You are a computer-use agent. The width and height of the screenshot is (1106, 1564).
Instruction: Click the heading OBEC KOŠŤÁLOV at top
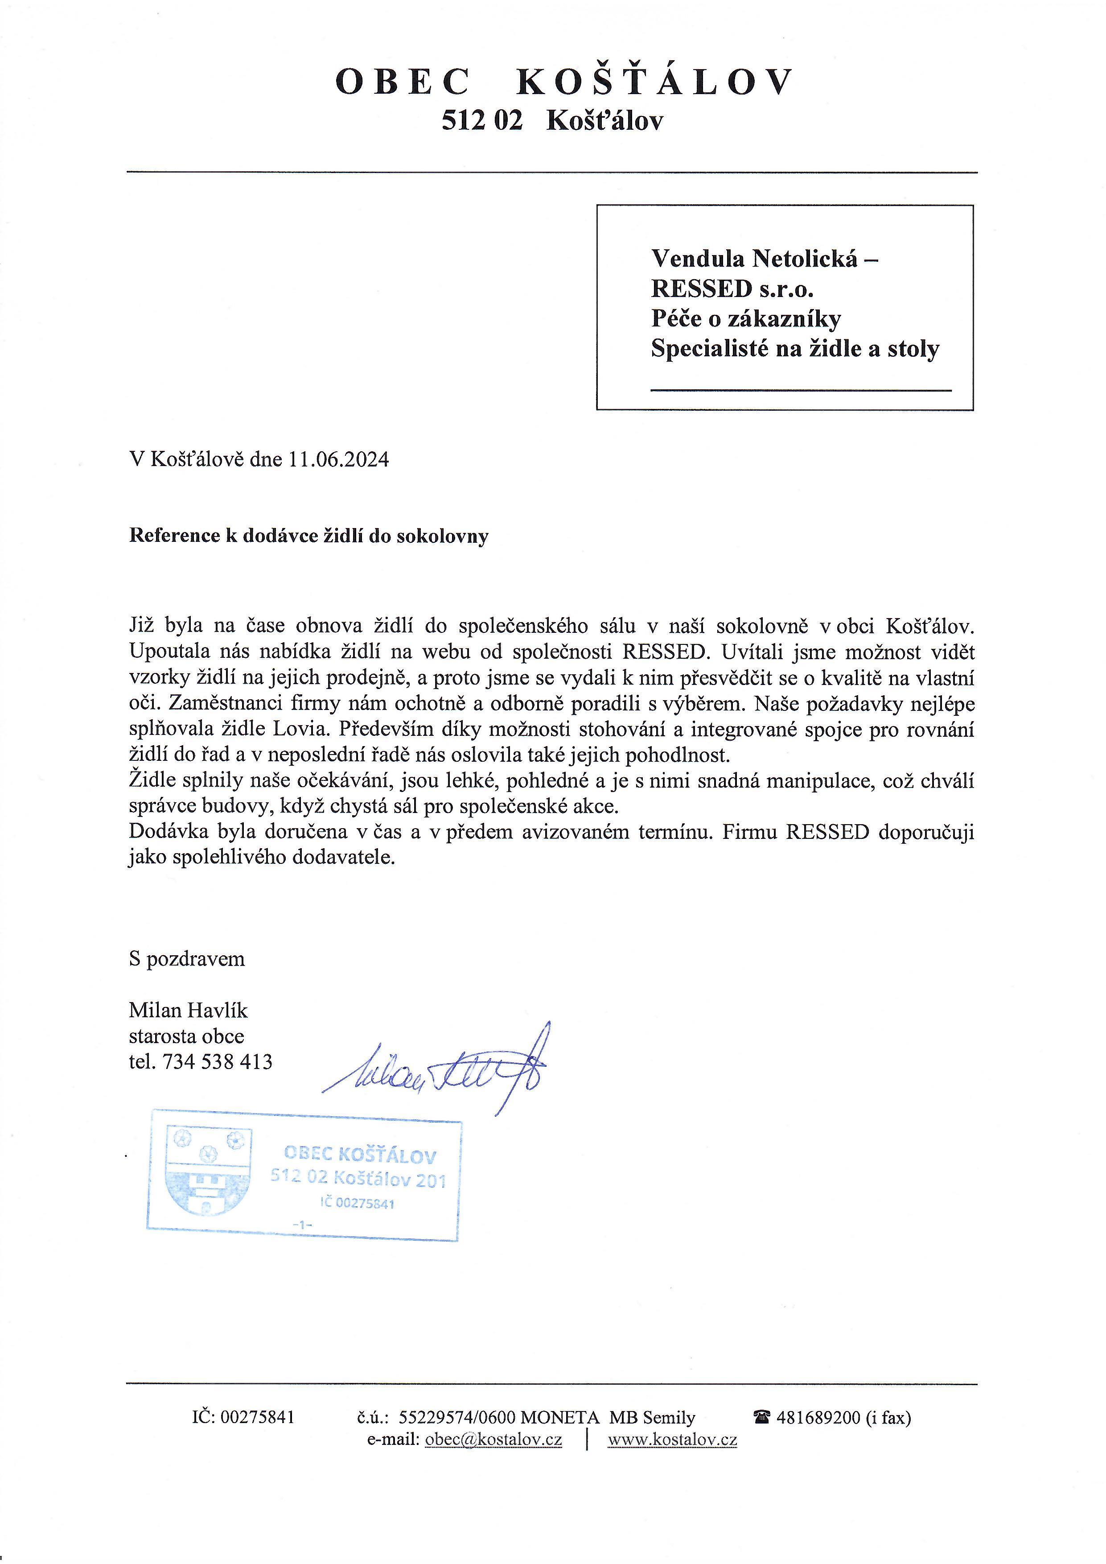pyautogui.click(x=564, y=83)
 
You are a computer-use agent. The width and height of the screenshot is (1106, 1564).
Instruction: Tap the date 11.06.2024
pyautogui.click(x=338, y=460)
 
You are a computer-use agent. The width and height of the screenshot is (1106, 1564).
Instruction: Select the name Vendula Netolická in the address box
pyautogui.click(x=754, y=259)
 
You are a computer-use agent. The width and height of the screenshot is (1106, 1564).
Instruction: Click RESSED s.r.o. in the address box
pyautogui.click(x=732, y=289)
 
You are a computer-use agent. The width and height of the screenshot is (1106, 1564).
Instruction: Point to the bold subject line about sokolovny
pyautogui.click(x=308, y=536)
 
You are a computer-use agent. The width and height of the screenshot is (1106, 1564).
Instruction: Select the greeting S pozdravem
pyautogui.click(x=187, y=959)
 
